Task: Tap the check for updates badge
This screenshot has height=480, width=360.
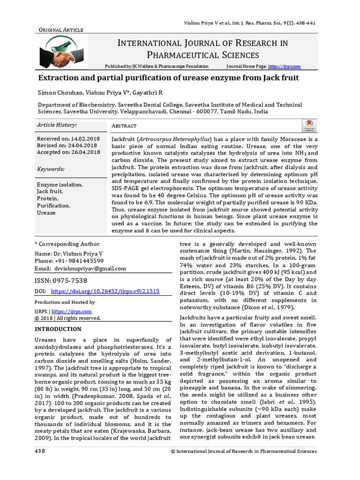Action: coord(309,125)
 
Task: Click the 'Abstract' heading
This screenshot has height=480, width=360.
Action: coord(124,126)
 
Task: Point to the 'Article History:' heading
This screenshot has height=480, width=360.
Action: coord(57,125)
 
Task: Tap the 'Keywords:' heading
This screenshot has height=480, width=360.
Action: coord(51,169)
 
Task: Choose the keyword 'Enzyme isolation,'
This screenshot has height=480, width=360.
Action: coord(60,185)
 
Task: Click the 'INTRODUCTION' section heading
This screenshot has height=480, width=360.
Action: coord(58,329)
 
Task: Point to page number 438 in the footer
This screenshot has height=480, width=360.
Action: coord(40,451)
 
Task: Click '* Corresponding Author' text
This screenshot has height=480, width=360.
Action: coord(67,244)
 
